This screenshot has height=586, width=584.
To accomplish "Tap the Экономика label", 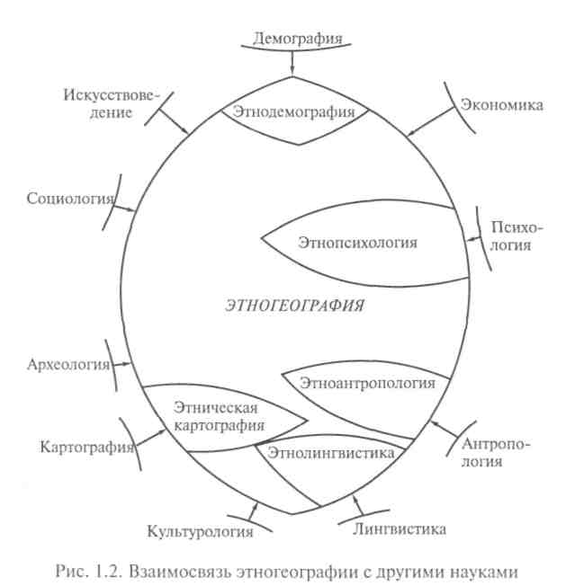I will pyautogui.click(x=502, y=105).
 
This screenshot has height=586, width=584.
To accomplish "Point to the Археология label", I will pyautogui.click(x=68, y=364).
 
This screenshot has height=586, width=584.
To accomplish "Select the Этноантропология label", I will pyautogui.click(x=368, y=383).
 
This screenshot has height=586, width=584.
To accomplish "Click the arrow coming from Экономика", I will pyautogui.click(x=424, y=125).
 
